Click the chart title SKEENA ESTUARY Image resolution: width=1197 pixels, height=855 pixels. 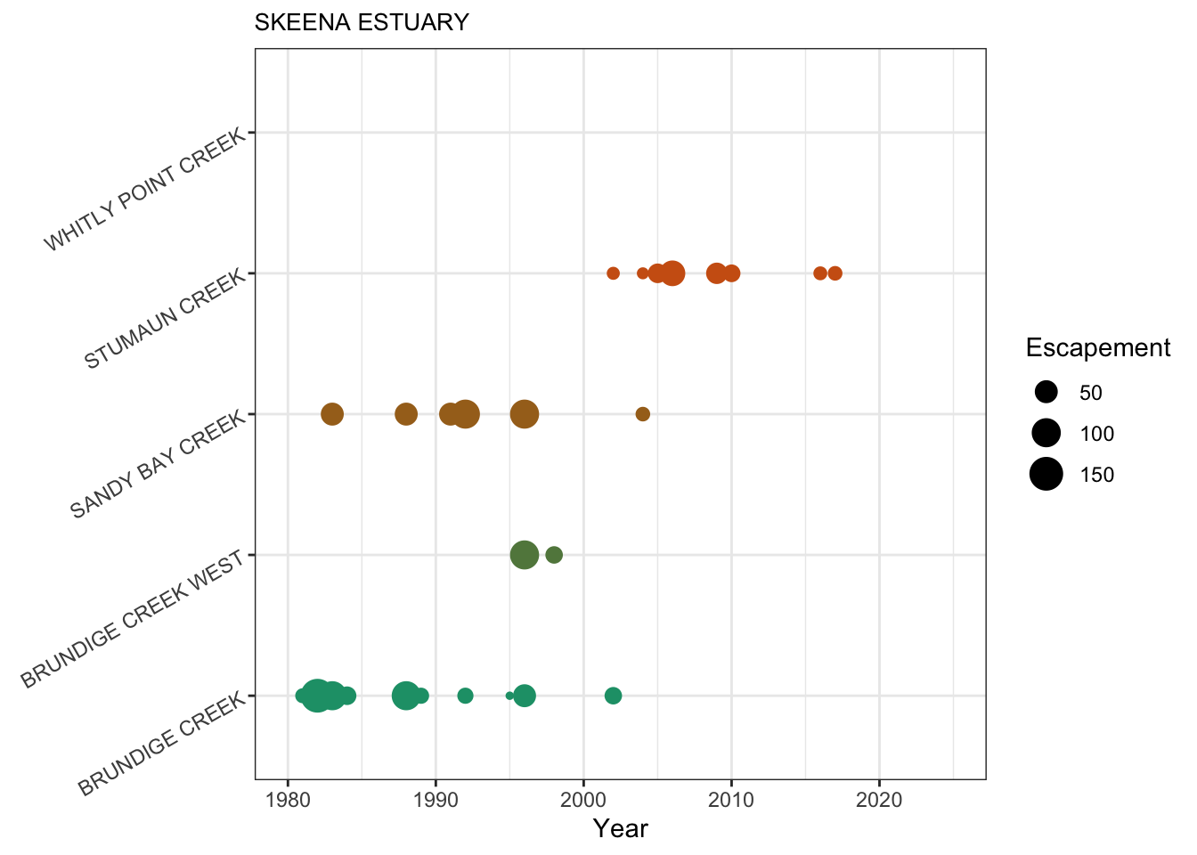[362, 22]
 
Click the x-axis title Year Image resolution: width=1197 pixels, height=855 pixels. [621, 829]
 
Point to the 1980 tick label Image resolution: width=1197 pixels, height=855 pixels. [288, 799]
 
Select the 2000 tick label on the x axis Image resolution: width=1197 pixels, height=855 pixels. [583, 799]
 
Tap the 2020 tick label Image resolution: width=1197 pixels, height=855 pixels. [879, 799]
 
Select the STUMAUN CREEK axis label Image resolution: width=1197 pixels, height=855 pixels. [165, 320]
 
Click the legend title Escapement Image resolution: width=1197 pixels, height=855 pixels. [1097, 348]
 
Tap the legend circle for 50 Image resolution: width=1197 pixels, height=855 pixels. [1046, 393]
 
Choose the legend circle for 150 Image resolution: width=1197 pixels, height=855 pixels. [1046, 475]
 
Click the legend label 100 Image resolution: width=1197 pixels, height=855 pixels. [1097, 434]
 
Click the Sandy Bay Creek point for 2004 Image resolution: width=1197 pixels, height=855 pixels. [642, 414]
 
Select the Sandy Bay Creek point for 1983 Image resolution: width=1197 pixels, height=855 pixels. [332, 414]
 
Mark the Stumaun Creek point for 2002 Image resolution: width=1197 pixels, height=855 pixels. [613, 273]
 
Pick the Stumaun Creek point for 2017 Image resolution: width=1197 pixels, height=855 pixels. [835, 273]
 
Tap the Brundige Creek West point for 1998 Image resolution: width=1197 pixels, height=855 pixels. [554, 555]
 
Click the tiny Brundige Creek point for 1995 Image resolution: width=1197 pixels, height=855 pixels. [509, 696]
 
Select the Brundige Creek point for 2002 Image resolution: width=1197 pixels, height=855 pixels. [613, 696]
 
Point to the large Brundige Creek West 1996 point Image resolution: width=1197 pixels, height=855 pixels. [525, 555]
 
